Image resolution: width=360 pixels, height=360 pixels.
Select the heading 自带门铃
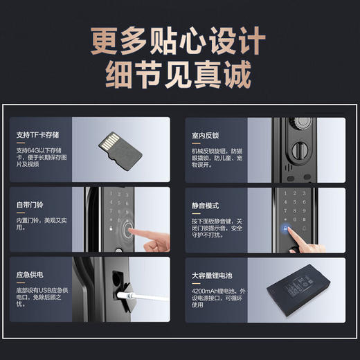[29, 205]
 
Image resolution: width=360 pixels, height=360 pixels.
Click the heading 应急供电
[29, 275]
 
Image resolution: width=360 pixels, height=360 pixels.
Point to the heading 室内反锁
[206, 134]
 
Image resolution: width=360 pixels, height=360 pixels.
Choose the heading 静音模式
[206, 205]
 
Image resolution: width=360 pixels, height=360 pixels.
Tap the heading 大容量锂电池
[211, 275]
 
